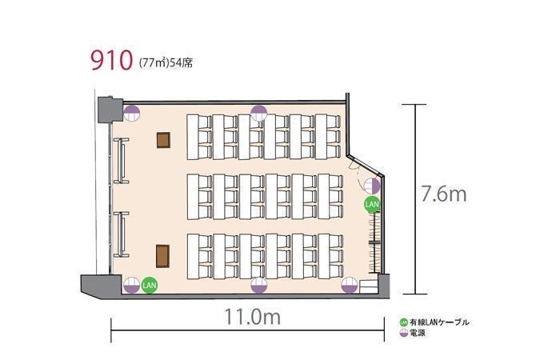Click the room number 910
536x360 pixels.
coord(111,61)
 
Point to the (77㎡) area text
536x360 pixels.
coord(154,63)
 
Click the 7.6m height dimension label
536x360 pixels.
coord(444,194)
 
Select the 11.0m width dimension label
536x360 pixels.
coord(253,316)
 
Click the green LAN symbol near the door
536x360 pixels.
coord(372,205)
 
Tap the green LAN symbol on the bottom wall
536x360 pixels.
coord(150,285)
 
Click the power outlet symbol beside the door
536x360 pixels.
coord(372,186)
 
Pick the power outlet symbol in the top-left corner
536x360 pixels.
coord(132,113)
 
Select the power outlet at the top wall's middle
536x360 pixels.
coord(258,113)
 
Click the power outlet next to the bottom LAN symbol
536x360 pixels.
coord(132,285)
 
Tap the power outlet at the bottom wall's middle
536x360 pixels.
coord(258,285)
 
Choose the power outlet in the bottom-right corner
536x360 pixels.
coord(350,285)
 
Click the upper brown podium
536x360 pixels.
coord(163,140)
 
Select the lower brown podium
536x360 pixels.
coord(162,256)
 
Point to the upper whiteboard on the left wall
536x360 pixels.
coord(121,160)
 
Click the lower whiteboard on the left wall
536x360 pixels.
coord(121,234)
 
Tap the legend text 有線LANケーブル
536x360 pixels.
coord(439,322)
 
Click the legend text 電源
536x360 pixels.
coord(418,333)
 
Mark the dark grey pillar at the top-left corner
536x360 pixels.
coord(110,110)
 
